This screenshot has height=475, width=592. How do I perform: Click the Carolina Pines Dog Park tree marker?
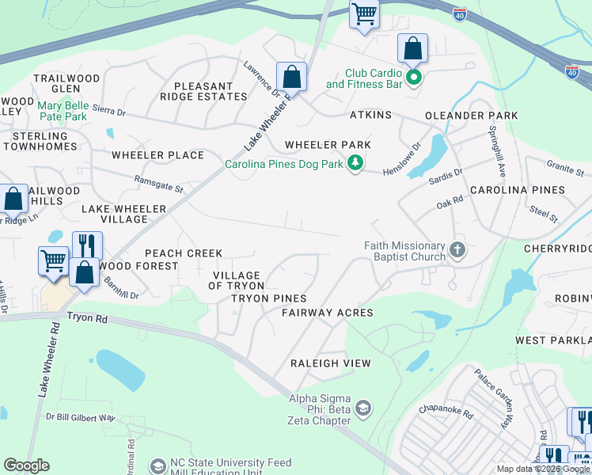coord(356,164)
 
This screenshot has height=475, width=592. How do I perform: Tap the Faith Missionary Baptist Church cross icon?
coord(457,251)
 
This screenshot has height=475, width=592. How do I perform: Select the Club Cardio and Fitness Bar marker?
coord(413,77)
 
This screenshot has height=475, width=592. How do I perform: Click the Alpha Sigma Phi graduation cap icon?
coord(363,408)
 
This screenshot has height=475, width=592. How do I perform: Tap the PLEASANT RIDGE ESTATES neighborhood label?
coord(203,91)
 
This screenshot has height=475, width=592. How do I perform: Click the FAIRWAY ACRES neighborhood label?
coord(327,313)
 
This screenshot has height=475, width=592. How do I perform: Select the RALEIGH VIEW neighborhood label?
coord(330,363)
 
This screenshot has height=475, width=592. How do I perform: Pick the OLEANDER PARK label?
coord(471,116)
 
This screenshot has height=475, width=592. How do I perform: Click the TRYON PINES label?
coord(268,298)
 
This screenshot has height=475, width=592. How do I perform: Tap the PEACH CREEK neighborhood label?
coord(183,253)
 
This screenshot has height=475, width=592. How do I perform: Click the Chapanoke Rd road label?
coord(445,412)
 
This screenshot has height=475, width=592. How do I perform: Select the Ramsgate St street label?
coord(158,184)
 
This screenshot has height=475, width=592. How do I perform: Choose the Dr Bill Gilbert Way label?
coord(80,417)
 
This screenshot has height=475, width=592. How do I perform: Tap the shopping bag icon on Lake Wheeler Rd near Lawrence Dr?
coord(291,78)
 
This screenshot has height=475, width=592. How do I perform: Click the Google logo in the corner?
coord(26,465)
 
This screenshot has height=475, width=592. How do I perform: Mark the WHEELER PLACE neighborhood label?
coord(157,155)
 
